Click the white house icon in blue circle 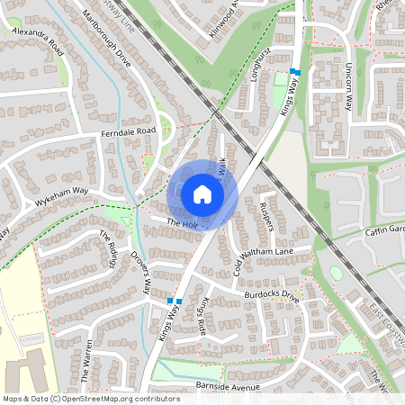tap(202, 193)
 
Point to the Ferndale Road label tap(129, 132)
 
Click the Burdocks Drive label tap(270, 294)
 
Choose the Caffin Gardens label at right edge tap(385, 229)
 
